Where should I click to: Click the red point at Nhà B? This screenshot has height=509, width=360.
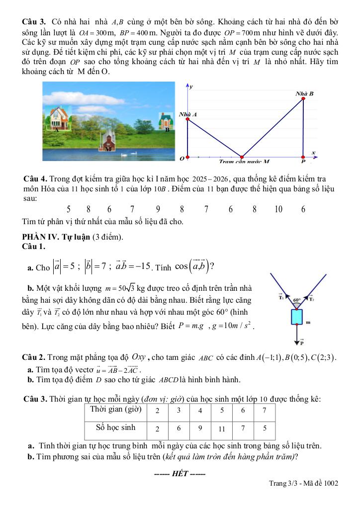[304, 98]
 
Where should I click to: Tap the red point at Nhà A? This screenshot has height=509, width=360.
[187, 118]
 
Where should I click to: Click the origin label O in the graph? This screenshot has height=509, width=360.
[181, 159]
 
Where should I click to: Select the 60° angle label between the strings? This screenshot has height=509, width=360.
[297, 300]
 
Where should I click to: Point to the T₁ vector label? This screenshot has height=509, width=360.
[281, 298]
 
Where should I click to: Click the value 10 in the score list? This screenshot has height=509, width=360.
[278, 209]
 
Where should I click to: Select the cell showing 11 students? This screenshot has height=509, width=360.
[222, 428]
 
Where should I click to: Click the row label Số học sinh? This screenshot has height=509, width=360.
[115, 427]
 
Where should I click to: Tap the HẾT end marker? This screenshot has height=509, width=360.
[180, 473]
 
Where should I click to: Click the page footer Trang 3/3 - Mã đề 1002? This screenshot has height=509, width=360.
[303, 483]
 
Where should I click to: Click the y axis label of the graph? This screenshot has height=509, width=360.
[191, 86]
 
